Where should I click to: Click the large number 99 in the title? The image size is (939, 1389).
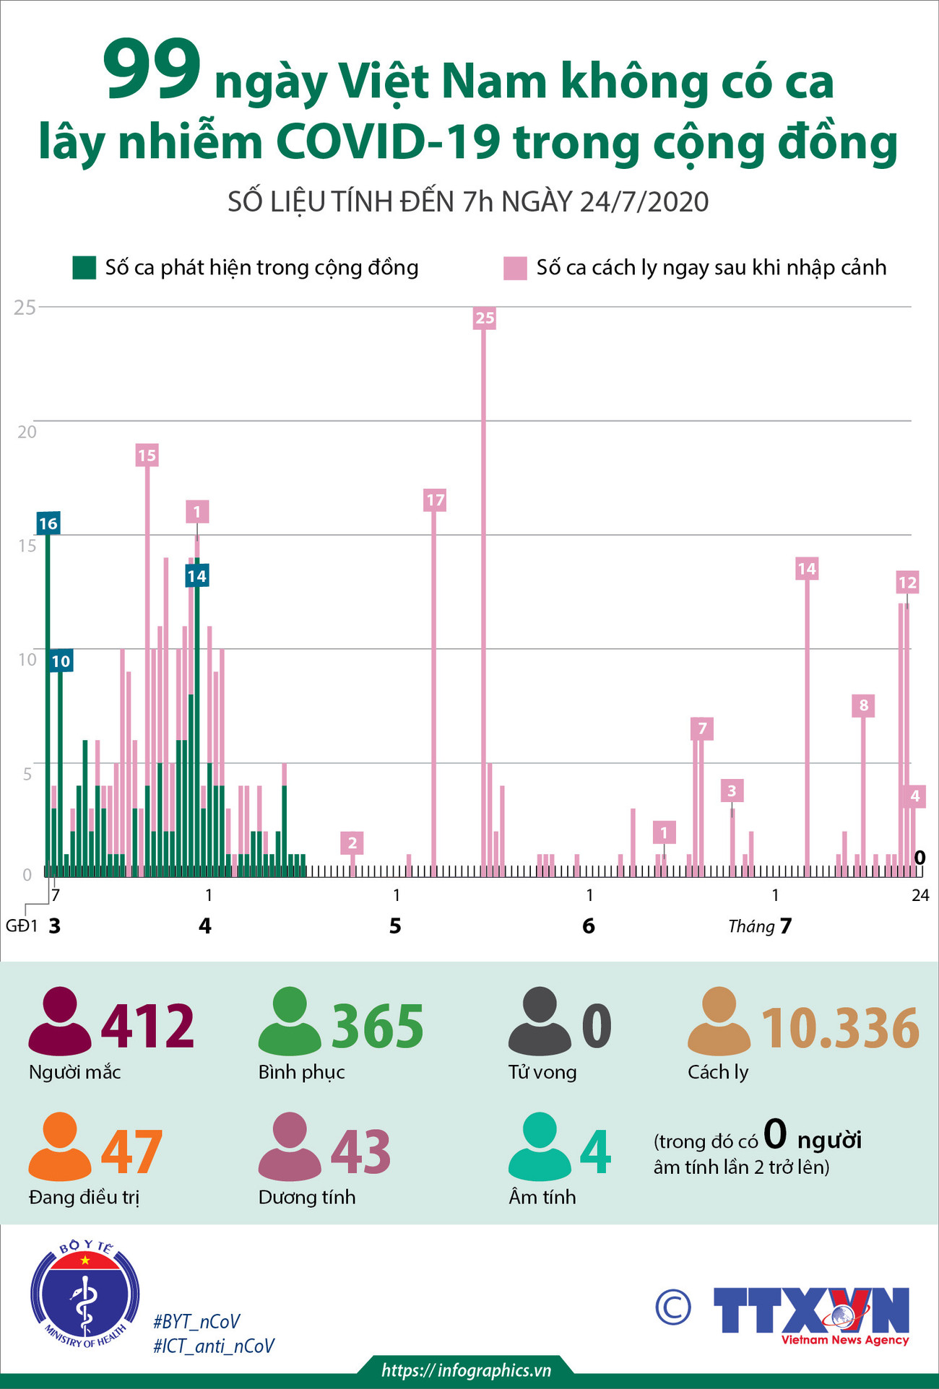(x=152, y=70)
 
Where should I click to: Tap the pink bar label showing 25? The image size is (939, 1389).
(x=485, y=318)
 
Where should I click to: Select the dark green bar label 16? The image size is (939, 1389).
(x=48, y=523)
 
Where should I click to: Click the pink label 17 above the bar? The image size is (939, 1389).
(x=435, y=500)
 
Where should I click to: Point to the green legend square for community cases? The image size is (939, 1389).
(x=84, y=268)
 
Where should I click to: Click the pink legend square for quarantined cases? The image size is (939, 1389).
(x=515, y=268)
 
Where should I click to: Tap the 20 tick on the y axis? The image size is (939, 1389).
(x=27, y=432)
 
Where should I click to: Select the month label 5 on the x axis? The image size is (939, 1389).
(x=395, y=926)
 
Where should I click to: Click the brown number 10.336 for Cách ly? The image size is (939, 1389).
(x=840, y=1028)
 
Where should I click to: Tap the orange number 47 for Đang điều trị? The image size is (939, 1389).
(x=131, y=1152)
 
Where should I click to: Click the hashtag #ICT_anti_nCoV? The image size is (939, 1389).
(x=214, y=1346)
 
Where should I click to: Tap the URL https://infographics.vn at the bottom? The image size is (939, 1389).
(x=467, y=1370)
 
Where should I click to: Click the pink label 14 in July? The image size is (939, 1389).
(x=807, y=569)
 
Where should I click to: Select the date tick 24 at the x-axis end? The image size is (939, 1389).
(x=920, y=895)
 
